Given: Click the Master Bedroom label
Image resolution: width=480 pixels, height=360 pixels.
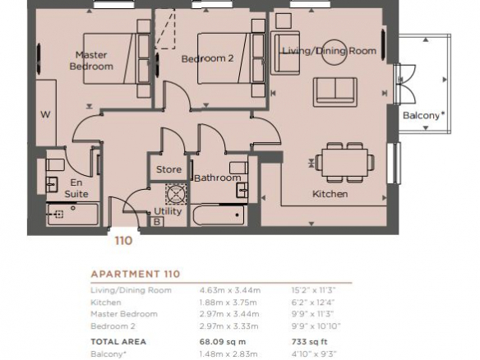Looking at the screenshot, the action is coord(91,61).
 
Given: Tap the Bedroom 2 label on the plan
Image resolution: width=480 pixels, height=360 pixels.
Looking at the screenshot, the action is coord(208,58).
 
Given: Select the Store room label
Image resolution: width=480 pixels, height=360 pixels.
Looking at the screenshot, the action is coord(168,169).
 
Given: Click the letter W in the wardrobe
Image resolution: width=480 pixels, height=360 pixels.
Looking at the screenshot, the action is coord(45,114).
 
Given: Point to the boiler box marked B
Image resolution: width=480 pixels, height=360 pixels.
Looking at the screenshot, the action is coord(157,221).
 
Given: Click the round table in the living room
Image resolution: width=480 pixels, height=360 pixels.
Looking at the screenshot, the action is coord(335,52).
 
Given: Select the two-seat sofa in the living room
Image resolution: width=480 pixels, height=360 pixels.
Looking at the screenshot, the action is coord(335,92).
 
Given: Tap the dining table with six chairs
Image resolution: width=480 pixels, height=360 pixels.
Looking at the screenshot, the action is coord(344,162).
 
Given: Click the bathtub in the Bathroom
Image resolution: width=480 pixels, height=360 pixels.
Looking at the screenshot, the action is coord(219,215).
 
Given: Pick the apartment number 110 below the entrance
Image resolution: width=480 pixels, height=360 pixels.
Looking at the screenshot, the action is coord(123,241).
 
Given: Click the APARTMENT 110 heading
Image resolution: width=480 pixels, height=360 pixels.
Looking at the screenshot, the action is coord(136,274).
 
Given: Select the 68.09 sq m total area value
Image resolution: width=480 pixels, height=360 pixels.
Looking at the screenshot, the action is coord(223,342).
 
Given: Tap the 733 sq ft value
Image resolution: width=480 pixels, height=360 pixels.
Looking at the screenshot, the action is coord(311,342).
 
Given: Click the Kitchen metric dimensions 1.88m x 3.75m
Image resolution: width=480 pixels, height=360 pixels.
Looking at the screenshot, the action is coord(228,302).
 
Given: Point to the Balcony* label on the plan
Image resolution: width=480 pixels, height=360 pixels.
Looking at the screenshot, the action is coord(423,115).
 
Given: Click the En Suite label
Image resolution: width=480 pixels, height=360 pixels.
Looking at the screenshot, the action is coord(76,188).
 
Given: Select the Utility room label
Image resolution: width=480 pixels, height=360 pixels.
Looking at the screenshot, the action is coord(168,211).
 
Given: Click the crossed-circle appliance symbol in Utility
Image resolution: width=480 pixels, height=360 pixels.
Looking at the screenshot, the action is coord(176,193).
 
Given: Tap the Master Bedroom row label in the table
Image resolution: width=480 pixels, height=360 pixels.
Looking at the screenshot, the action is coord(124,314).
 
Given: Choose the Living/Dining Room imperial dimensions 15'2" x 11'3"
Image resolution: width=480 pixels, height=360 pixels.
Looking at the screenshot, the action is coord(314,290).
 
